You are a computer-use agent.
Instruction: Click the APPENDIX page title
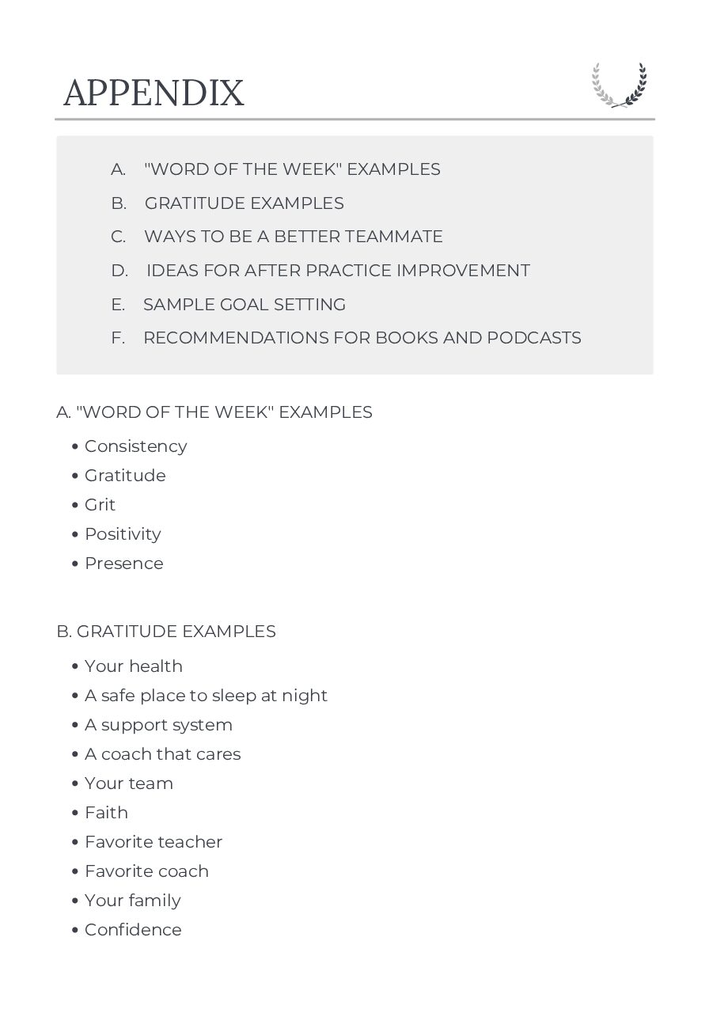click(x=154, y=93)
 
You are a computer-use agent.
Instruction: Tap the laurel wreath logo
click(x=620, y=85)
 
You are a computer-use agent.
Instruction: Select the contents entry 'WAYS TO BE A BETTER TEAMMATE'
click(x=293, y=237)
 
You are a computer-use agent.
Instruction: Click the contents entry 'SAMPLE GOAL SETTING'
click(x=245, y=305)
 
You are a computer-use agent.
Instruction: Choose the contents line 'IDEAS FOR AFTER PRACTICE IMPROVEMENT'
click(x=338, y=271)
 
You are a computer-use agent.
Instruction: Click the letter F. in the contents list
click(x=118, y=338)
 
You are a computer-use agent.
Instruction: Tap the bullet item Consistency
click(x=135, y=446)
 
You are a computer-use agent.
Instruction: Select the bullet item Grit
click(x=100, y=505)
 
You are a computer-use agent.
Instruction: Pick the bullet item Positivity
click(x=123, y=534)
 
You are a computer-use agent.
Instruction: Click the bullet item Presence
click(x=123, y=563)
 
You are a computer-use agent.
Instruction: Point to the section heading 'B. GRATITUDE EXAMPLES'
click(x=166, y=632)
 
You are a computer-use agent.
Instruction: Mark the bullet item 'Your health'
click(x=133, y=666)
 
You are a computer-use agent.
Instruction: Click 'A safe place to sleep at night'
click(x=206, y=696)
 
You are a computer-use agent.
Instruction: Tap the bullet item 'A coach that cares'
click(x=162, y=754)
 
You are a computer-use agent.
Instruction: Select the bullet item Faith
click(x=106, y=813)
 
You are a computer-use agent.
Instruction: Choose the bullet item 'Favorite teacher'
click(x=154, y=842)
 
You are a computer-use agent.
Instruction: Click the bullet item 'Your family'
click(x=132, y=901)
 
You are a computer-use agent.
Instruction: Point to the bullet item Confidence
click(x=133, y=930)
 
